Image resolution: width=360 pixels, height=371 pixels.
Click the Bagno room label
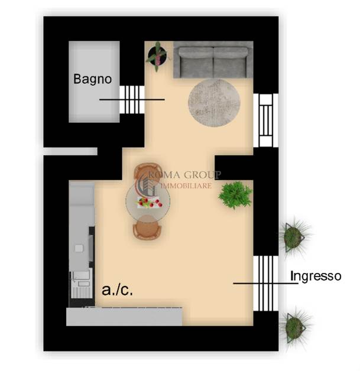93,80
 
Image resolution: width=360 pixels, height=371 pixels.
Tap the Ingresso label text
316,276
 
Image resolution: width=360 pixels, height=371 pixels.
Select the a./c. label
117,289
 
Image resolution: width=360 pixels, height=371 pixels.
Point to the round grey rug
214,102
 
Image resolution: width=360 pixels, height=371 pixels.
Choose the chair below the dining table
147,226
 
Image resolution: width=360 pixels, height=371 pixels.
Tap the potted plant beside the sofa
157,56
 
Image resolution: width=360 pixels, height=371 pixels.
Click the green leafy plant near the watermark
235,195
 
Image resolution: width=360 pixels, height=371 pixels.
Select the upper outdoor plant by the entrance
294,237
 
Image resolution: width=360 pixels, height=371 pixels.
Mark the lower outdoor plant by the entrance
295,327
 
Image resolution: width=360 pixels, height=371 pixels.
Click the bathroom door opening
132,99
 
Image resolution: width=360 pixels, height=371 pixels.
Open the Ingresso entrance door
266,283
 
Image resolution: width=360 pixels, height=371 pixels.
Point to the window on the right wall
266,120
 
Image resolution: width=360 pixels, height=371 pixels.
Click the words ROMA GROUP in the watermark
185,175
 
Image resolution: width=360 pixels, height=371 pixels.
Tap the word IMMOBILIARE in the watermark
186,185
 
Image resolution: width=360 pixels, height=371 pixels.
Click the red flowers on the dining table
149,203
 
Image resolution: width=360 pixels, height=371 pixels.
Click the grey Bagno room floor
94,82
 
